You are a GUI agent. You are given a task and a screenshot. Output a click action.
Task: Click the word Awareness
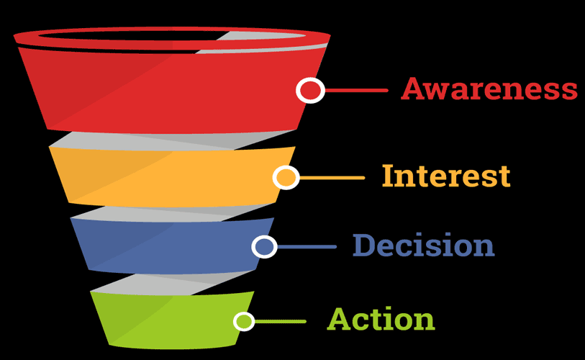[x=489, y=89]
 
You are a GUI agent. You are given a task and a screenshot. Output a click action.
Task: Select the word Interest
[x=446, y=176]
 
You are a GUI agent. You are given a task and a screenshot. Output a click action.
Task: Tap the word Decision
[x=423, y=245]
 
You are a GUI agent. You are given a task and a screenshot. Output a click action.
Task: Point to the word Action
[x=381, y=318]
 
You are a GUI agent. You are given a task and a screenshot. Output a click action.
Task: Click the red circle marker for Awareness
[x=310, y=91]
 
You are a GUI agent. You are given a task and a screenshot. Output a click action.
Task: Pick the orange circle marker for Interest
[x=286, y=177]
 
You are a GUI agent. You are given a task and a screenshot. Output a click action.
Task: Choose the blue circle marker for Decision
[x=265, y=246]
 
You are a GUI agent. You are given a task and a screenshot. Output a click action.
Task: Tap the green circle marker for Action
[x=244, y=321]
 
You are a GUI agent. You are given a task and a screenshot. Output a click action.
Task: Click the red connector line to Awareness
[x=356, y=91]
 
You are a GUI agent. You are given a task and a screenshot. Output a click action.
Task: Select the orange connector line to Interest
[x=332, y=178]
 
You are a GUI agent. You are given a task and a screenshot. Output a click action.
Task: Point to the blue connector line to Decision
[x=307, y=247]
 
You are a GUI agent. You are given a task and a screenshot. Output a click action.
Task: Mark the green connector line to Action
[x=280, y=321]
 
